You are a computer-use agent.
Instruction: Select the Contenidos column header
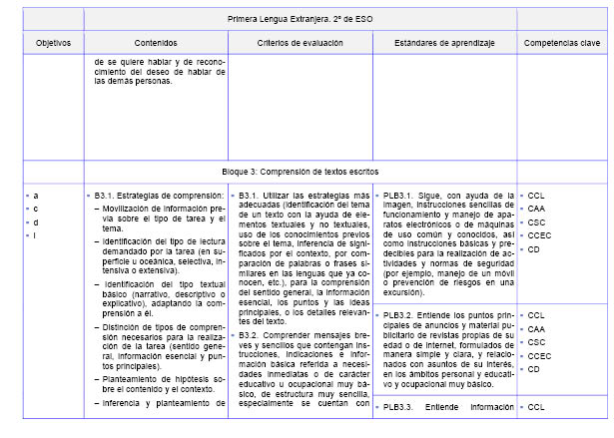(x=155, y=44)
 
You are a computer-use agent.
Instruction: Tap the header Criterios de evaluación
(x=299, y=44)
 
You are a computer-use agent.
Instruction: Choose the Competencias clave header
(x=562, y=44)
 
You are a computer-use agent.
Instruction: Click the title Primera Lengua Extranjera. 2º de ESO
(x=299, y=19)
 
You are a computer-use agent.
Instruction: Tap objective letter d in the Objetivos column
(x=36, y=222)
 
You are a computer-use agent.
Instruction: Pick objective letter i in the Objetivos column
(x=36, y=235)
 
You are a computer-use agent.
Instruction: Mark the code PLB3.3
(x=398, y=407)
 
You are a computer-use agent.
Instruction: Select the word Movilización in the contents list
(x=128, y=209)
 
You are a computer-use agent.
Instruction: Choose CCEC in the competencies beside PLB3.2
(x=540, y=355)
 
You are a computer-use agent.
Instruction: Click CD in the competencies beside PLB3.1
(x=535, y=249)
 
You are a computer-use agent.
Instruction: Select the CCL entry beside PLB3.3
(x=537, y=407)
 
